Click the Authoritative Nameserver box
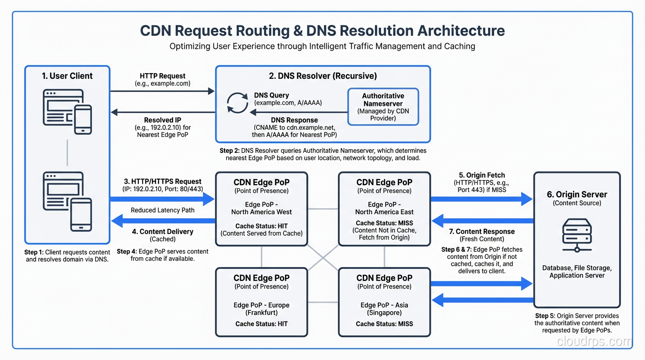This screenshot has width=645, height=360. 382,107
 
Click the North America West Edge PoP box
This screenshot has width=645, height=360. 261,209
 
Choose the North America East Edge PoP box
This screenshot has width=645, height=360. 384,209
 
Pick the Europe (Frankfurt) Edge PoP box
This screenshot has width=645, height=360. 261,302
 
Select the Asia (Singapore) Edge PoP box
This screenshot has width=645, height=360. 384,302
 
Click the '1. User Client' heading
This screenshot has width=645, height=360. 67,76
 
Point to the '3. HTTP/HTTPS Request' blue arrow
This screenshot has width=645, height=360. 162,199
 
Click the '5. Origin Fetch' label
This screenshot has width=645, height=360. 481,175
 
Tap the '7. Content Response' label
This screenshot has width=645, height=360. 481,232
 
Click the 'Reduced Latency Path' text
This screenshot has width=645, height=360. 162,210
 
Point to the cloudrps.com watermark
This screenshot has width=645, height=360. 594,342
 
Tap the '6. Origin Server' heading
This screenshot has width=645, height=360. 577,195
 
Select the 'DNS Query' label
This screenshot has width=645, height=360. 272,95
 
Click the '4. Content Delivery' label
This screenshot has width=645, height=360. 163,232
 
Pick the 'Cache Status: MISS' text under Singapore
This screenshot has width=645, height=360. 384,323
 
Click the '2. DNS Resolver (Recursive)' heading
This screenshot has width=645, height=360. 322,76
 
